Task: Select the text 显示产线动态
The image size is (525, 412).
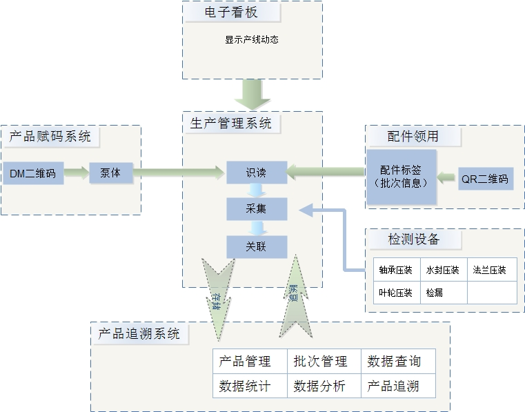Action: point(251,40)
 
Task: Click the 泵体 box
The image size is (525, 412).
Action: point(110,173)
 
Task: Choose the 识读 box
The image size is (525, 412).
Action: point(256,173)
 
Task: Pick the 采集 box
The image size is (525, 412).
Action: point(256,208)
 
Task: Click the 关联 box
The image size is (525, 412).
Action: point(256,246)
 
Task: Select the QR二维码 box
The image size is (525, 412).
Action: point(486,179)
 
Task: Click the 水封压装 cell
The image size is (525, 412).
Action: point(442,270)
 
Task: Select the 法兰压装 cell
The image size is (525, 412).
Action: point(491,270)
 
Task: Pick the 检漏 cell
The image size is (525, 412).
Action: point(435,293)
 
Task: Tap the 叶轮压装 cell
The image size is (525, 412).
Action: point(395,293)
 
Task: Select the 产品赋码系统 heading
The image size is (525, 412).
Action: point(50,136)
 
